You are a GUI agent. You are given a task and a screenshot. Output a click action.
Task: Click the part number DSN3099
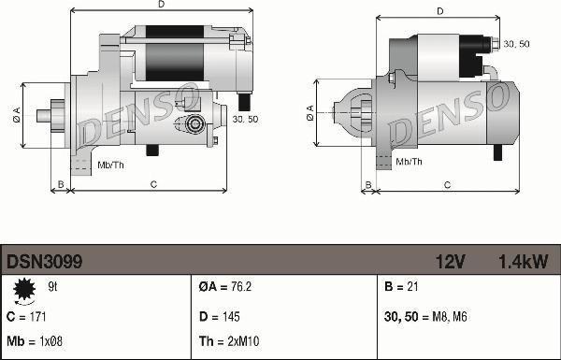[x=44, y=262]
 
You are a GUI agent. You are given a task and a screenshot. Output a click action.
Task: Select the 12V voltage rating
[x=450, y=262]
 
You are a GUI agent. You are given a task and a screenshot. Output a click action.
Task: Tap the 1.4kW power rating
[x=523, y=262]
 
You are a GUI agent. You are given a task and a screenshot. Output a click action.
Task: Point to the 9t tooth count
[x=52, y=287]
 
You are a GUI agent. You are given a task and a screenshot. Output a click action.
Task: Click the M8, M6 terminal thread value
[x=450, y=317]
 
